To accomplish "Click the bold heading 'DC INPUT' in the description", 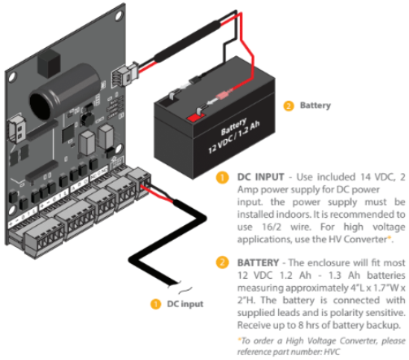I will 261,174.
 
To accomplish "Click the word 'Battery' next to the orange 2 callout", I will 315,106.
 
